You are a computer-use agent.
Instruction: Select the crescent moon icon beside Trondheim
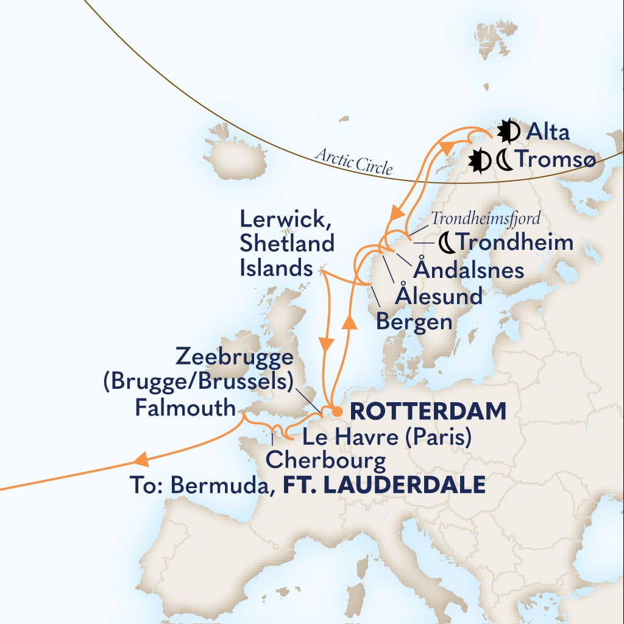coord(447,243)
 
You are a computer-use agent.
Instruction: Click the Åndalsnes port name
coord(470,269)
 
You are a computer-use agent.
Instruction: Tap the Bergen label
coord(414,321)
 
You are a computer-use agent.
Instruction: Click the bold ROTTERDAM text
coord(428,411)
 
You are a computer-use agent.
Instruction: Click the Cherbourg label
coord(325,460)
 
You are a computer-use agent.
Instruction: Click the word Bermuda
coord(222,486)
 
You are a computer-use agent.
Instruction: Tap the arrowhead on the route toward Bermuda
coord(141,459)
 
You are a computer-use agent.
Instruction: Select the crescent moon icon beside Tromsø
coord(505,161)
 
